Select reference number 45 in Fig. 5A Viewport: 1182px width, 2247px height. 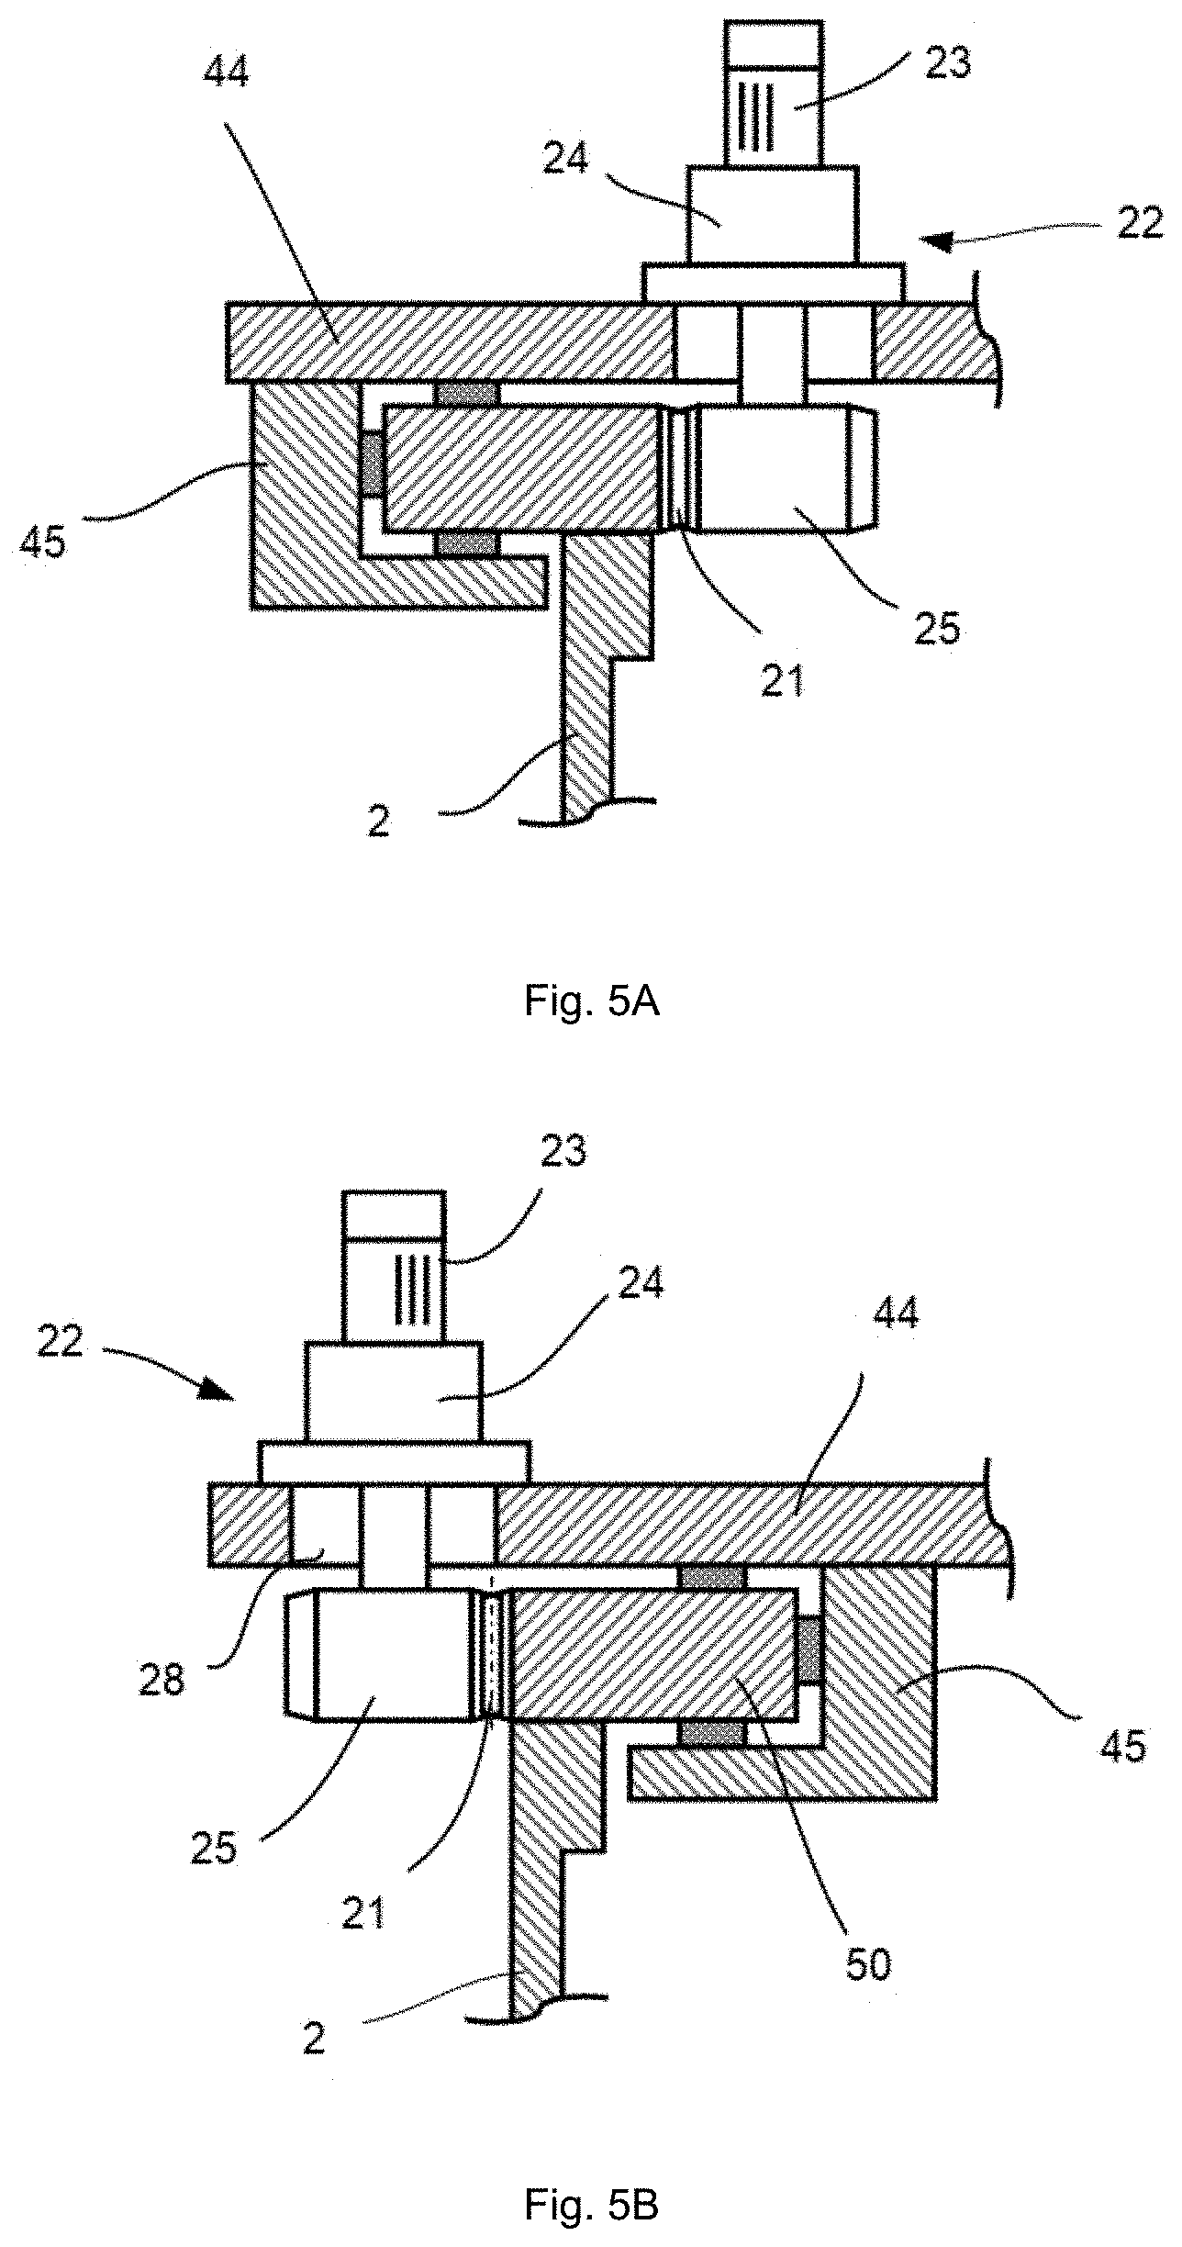(42, 542)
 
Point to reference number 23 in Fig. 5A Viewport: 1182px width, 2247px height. (947, 64)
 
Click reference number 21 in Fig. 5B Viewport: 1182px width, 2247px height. (362, 1914)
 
